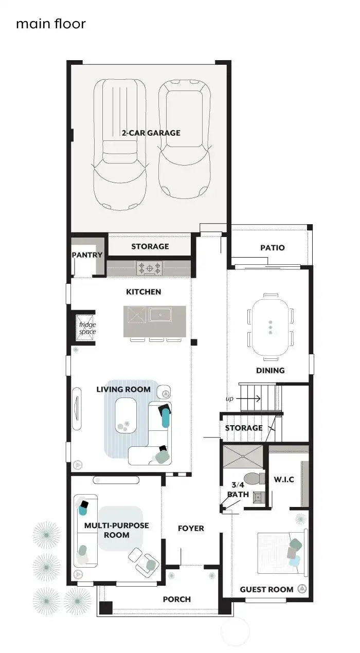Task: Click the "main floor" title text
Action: click(50, 23)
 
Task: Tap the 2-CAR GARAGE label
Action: click(151, 133)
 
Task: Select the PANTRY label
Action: click(87, 255)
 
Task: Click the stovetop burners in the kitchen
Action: click(149, 267)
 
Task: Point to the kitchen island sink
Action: click(161, 314)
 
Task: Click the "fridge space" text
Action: click(87, 328)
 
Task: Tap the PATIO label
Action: click(272, 247)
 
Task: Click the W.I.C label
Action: click(283, 480)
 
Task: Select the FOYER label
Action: click(191, 528)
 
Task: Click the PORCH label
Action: click(176, 599)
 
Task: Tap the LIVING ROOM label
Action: click(123, 389)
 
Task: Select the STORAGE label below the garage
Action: click(150, 246)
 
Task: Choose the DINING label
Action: click(270, 370)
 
